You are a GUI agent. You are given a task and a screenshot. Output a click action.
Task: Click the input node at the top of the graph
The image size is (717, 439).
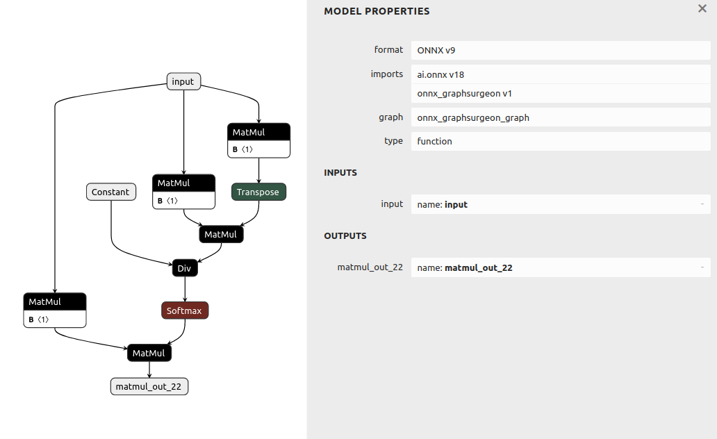(183, 81)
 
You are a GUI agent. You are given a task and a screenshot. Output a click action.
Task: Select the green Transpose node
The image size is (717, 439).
(258, 192)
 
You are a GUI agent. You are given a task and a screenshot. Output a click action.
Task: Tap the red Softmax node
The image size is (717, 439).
(185, 310)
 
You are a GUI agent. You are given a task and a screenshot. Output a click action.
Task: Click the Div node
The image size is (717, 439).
(185, 268)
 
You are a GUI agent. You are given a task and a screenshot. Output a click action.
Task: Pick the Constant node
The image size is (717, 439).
(111, 192)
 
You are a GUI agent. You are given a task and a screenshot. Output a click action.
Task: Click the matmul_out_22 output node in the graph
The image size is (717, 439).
(149, 386)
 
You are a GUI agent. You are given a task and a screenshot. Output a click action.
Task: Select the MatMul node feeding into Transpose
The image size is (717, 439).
(259, 140)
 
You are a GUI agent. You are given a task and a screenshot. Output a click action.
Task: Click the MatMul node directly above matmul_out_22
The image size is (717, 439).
(149, 353)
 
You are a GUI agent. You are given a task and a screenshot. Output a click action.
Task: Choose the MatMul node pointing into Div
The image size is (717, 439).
(222, 234)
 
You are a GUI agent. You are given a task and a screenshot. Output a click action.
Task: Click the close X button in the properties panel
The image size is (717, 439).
(702, 8)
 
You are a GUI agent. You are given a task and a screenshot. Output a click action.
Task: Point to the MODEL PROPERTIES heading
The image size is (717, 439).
(377, 11)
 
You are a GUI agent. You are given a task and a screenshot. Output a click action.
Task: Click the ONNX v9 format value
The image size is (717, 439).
(561, 50)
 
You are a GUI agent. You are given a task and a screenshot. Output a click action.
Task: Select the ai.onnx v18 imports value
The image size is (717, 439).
(561, 74)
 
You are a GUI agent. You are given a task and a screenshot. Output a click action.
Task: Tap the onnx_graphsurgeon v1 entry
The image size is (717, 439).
(561, 93)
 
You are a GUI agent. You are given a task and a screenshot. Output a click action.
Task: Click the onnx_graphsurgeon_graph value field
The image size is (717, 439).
(561, 117)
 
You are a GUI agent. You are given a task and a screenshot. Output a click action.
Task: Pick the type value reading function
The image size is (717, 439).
(561, 141)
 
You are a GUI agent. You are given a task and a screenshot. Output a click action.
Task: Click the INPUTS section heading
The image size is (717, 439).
(340, 172)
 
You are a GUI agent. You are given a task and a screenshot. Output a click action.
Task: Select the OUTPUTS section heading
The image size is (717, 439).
(345, 236)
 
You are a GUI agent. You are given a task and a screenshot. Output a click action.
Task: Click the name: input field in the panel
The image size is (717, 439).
(561, 204)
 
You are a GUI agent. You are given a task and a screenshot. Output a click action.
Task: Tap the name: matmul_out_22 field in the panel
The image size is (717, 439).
(561, 267)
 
